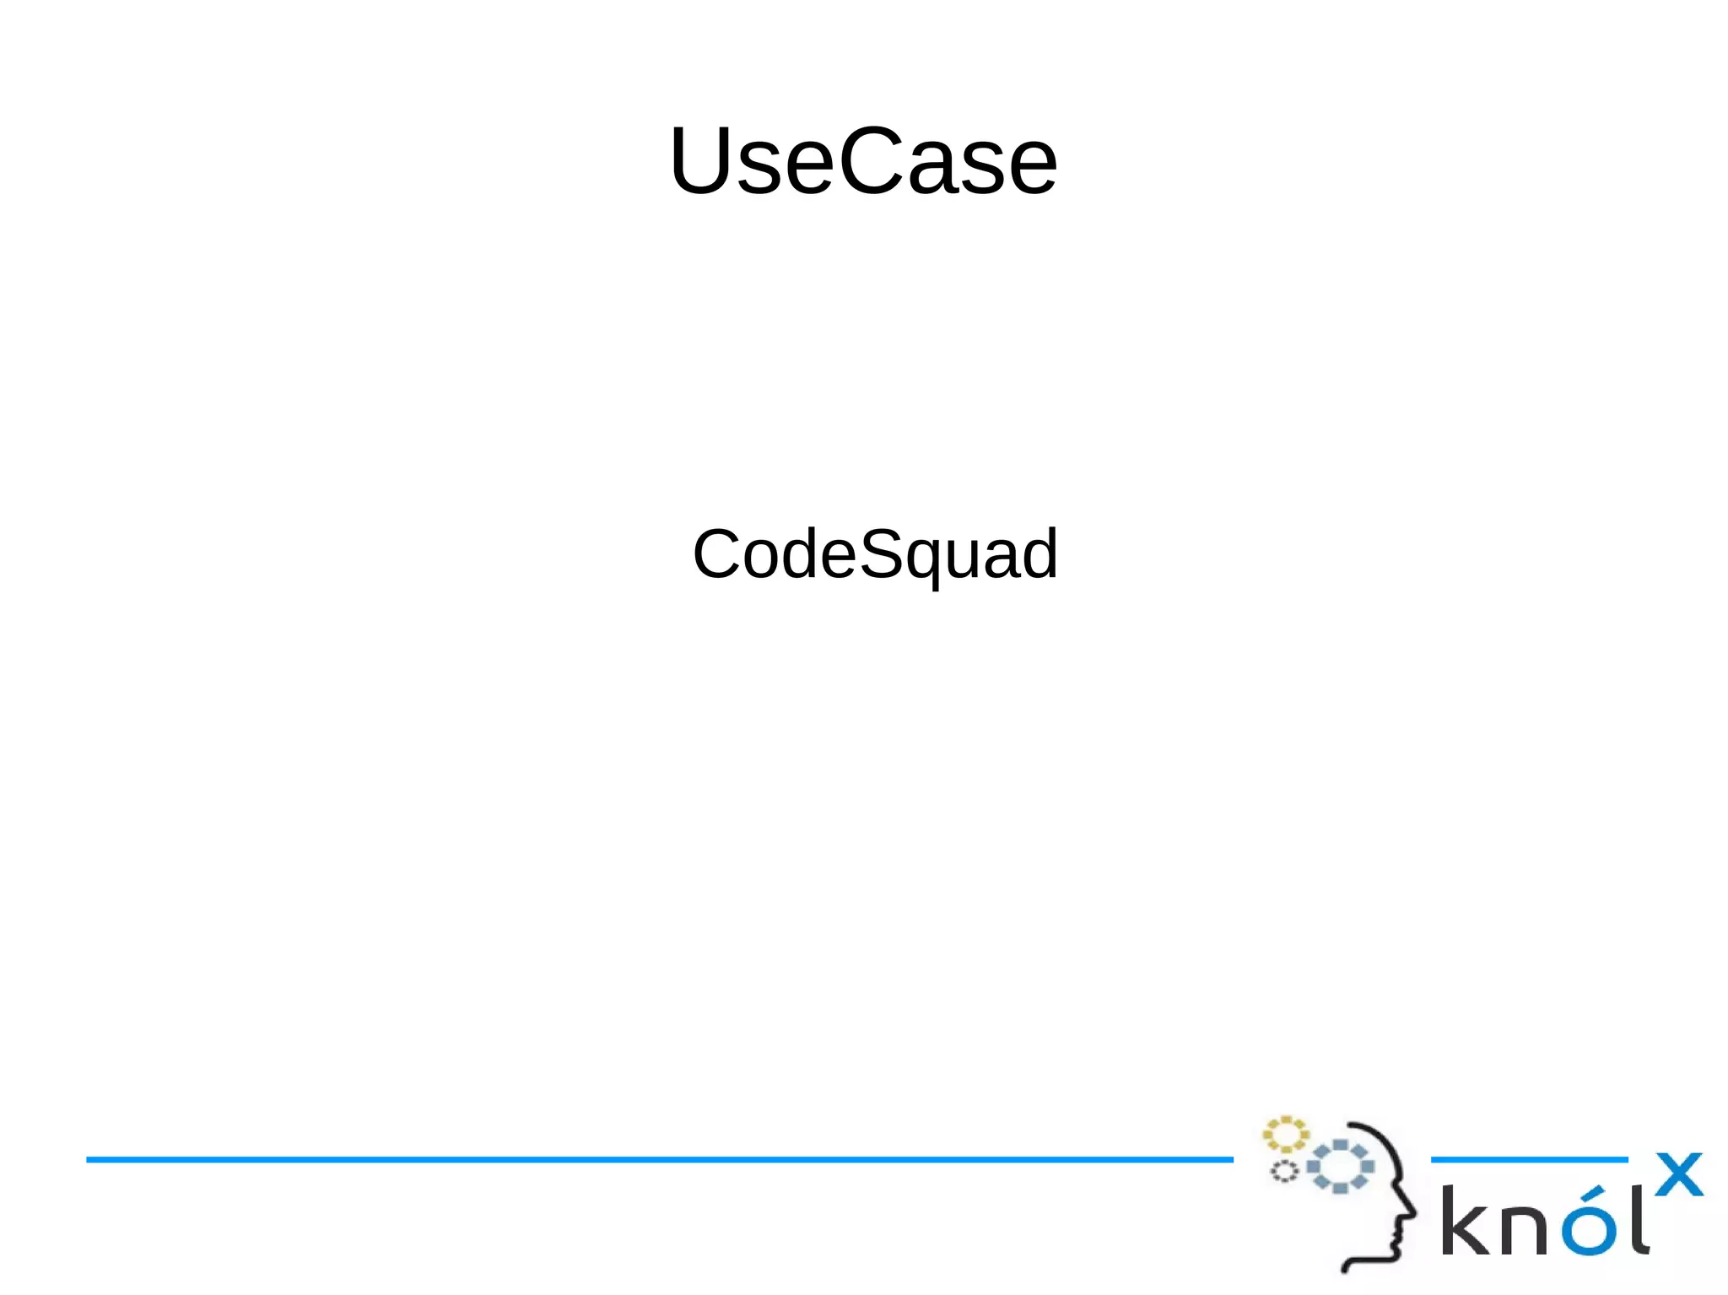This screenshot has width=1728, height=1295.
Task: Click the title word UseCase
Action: [863, 160]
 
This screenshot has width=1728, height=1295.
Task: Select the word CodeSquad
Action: [875, 554]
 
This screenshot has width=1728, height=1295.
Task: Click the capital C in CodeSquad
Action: [717, 554]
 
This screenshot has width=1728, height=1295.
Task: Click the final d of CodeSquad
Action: [1039, 554]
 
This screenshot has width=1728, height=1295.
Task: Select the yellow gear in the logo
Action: [1284, 1135]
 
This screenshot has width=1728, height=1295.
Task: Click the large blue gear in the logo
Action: [1341, 1167]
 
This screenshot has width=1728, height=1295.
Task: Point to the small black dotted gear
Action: [1284, 1171]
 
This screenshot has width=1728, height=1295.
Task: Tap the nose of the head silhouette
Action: [1412, 1212]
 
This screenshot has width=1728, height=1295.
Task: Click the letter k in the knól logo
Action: [1465, 1221]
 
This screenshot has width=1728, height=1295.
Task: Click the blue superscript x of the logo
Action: [1678, 1174]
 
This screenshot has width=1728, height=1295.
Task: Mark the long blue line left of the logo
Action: [658, 1160]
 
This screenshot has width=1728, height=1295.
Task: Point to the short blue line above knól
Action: [1529, 1160]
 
